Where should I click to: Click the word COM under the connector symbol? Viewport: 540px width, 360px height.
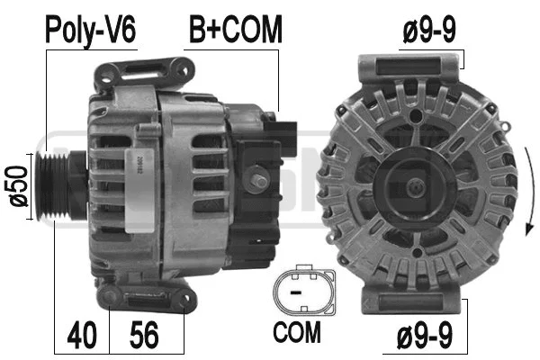click(x=296, y=334)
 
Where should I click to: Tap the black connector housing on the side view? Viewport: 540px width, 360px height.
click(x=279, y=144)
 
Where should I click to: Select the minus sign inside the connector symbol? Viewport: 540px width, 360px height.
click(x=295, y=290)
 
